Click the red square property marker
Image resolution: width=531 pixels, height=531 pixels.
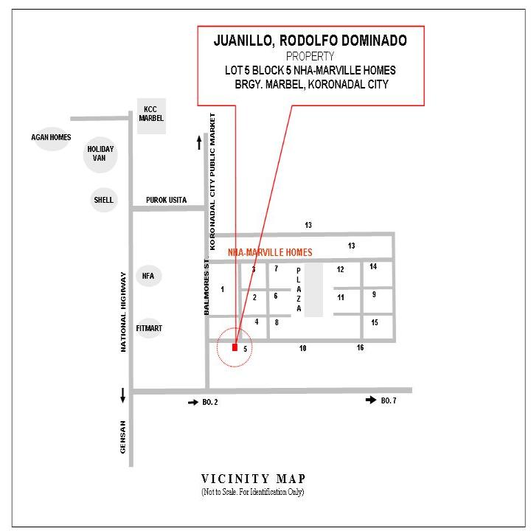[x=235, y=347]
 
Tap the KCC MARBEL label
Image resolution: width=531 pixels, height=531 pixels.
[x=151, y=114]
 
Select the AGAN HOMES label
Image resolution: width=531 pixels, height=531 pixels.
[x=51, y=137]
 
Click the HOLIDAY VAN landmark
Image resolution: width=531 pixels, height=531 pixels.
[x=100, y=154]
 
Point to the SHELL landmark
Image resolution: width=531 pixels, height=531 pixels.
[x=104, y=200]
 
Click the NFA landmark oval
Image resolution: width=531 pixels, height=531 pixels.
[x=148, y=276]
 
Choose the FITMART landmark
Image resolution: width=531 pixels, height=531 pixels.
[x=149, y=328]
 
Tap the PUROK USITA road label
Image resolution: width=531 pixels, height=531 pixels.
[x=166, y=200]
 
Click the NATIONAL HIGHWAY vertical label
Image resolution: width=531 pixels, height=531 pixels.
[x=123, y=312]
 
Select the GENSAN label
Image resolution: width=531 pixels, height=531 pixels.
[x=122, y=437]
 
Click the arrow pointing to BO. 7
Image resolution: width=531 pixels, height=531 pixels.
[x=371, y=400]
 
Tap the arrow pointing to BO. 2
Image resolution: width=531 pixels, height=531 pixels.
[x=193, y=403]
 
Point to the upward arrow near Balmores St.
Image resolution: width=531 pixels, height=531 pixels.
[x=199, y=142]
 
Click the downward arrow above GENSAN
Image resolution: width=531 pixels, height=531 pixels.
[x=122, y=396]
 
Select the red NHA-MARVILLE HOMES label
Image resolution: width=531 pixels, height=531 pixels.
[x=270, y=252]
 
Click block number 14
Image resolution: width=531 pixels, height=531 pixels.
[x=373, y=266]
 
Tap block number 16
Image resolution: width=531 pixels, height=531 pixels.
[x=360, y=347]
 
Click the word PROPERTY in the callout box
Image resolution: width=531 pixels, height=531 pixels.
[x=310, y=56]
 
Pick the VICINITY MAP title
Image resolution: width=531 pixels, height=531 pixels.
[x=253, y=479]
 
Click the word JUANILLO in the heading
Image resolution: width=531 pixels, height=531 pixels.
[x=243, y=41]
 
